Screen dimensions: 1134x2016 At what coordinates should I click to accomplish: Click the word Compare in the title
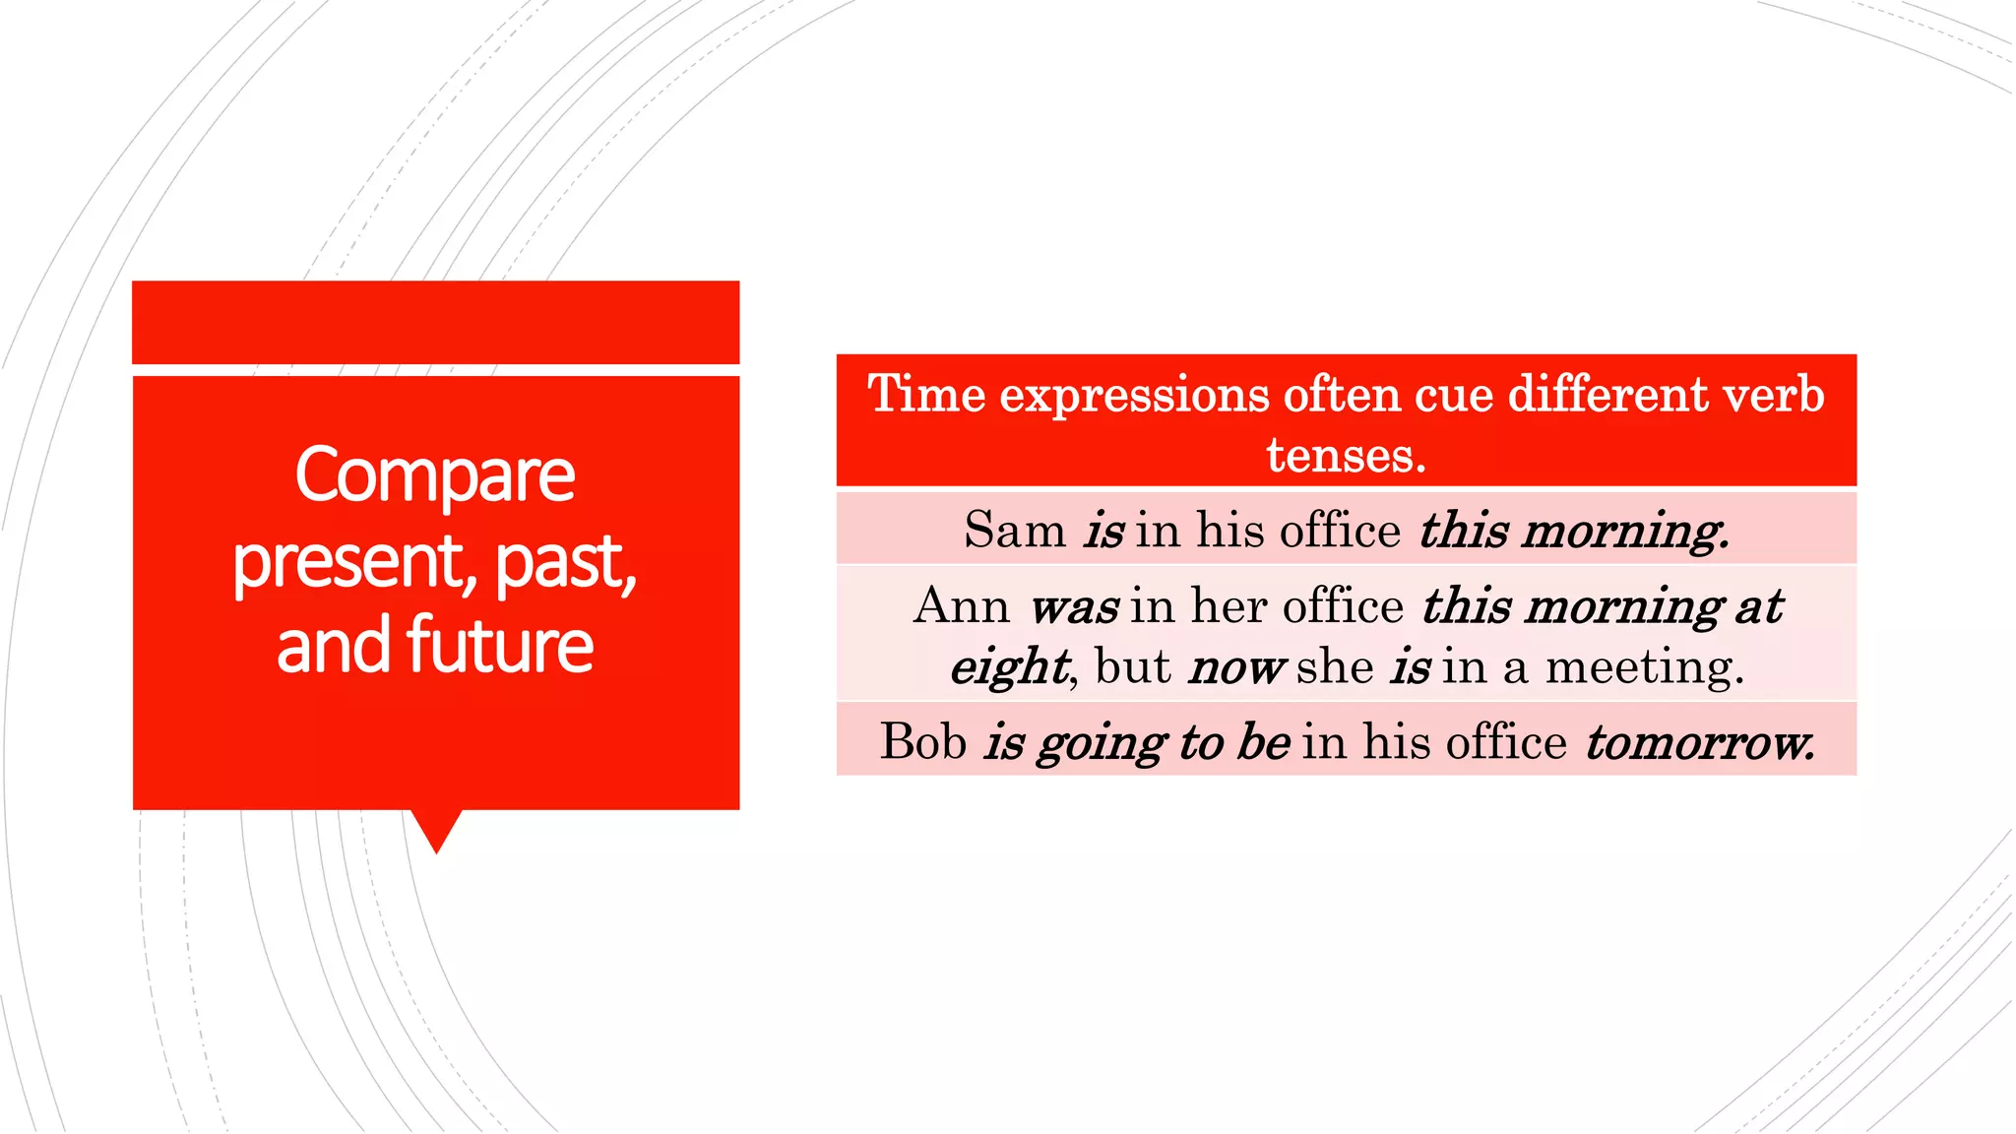pos(434,475)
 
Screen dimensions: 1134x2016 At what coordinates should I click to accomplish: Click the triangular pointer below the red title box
pos(436,829)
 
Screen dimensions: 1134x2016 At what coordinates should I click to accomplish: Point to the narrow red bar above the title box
pos(435,322)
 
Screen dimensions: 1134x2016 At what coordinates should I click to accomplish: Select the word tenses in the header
pos(1345,455)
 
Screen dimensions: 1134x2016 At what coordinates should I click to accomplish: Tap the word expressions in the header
pos(1134,396)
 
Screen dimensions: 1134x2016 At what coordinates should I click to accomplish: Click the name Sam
pos(1014,531)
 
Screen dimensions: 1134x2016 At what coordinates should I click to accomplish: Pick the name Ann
pos(961,605)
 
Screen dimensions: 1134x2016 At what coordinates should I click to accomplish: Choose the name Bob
pos(922,741)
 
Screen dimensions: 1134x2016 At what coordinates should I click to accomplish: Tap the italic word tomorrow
pos(1699,743)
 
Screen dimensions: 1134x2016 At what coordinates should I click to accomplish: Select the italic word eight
pos(1009,668)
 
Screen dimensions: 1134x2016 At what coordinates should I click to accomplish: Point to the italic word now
pos(1234,668)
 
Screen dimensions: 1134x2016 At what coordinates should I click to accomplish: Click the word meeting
pos(1644,667)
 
